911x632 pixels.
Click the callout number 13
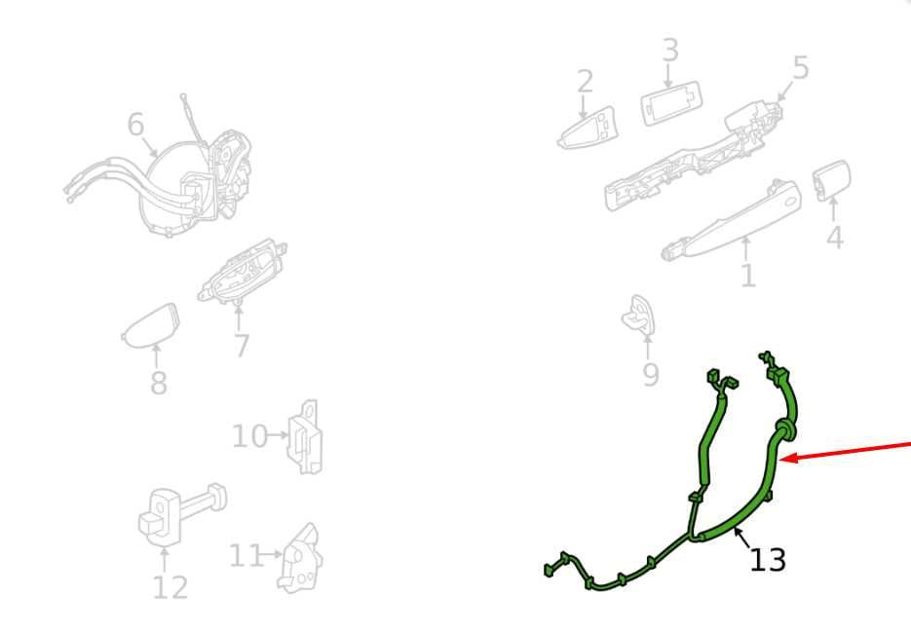pyautogui.click(x=768, y=560)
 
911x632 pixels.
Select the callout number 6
pyautogui.click(x=135, y=125)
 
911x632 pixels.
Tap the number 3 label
pyautogui.click(x=670, y=50)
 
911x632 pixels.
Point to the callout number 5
pyautogui.click(x=801, y=68)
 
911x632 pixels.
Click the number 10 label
pyautogui.click(x=249, y=436)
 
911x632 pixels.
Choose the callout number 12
pyautogui.click(x=171, y=587)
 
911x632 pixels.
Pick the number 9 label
pyautogui.click(x=651, y=375)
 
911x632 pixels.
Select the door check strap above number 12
pyautogui.click(x=182, y=514)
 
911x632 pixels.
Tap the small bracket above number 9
pyautogui.click(x=639, y=316)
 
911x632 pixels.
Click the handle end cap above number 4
pyautogui.click(x=831, y=180)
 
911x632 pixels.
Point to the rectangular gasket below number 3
pyautogui.click(x=671, y=103)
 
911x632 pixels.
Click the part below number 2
pyautogui.click(x=587, y=128)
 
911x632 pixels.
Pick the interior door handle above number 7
pyautogui.click(x=241, y=272)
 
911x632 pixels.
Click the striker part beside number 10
pyautogui.click(x=306, y=437)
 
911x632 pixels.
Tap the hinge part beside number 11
pyautogui.click(x=300, y=558)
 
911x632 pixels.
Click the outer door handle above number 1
pyautogui.click(x=732, y=221)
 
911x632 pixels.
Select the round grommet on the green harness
pyautogui.click(x=785, y=429)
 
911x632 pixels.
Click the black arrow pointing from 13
pyautogui.click(x=741, y=538)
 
